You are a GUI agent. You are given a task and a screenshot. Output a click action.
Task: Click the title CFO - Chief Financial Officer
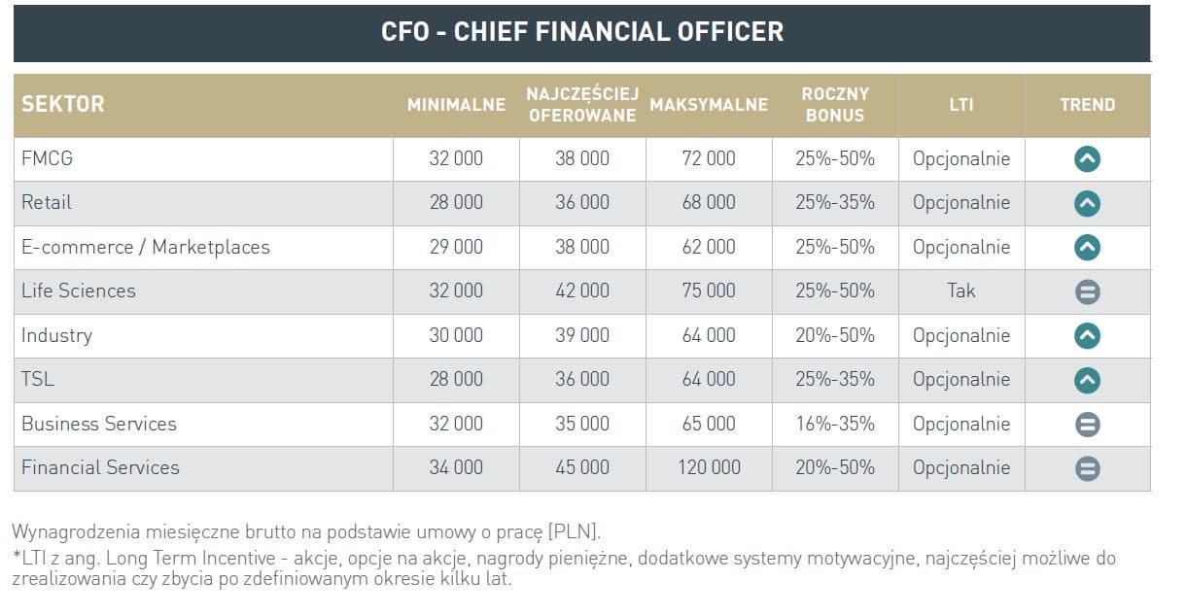pos(581,31)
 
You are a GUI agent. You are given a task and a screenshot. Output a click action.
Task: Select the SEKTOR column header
pos(62,105)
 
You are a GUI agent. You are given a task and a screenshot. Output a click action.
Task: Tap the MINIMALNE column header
pos(456,105)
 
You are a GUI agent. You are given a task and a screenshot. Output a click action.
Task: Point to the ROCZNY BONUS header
pos(835,105)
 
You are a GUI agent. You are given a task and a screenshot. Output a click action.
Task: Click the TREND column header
pos(1087,105)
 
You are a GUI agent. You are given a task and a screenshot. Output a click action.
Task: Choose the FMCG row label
pos(47,158)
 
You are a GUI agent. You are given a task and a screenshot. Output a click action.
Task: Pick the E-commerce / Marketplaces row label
pos(145,247)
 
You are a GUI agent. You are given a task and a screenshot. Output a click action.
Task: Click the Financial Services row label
pos(100,467)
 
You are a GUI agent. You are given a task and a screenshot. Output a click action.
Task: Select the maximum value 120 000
pos(709,467)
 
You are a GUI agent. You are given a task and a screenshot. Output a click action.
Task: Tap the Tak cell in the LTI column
pos(960,290)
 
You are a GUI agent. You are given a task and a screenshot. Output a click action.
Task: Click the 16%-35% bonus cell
pos(835,424)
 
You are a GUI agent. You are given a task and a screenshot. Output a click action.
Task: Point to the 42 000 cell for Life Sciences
pos(582,290)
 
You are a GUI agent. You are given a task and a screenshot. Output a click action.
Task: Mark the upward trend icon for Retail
pos(1087,203)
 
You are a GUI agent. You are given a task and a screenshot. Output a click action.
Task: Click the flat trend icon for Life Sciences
pos(1087,291)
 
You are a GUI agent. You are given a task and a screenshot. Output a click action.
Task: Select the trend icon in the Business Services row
pos(1087,425)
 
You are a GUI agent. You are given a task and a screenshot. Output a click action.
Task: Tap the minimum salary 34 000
pos(456,467)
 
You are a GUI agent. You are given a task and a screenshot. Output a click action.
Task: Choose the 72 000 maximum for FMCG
pos(709,158)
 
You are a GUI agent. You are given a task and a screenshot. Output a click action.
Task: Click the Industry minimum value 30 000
pos(456,335)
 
